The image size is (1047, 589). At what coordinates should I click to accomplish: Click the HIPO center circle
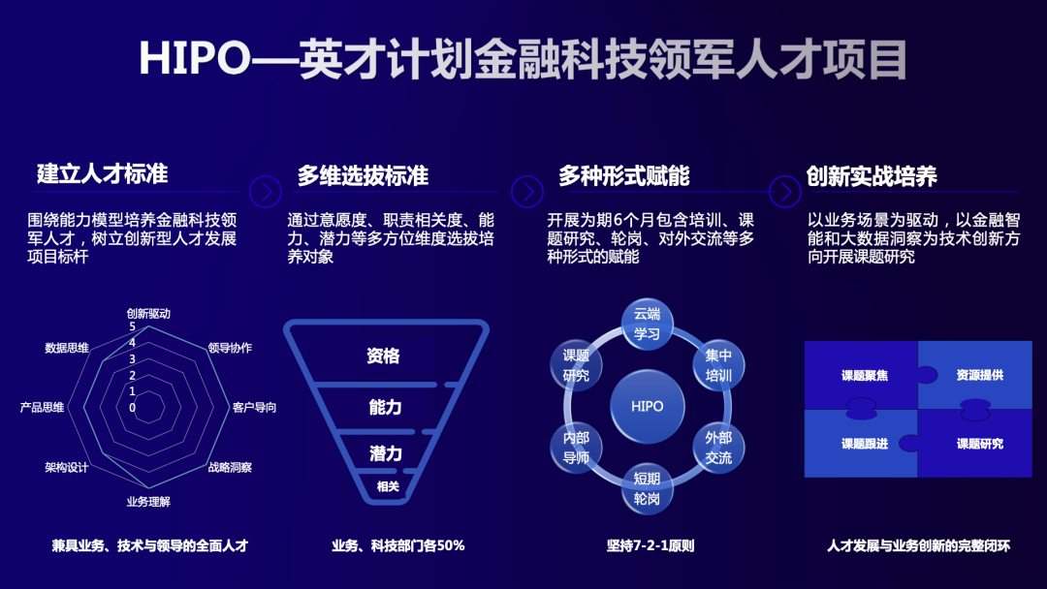click(647, 406)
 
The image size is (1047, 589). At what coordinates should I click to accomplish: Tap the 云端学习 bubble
click(647, 324)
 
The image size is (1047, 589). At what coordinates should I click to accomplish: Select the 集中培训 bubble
click(718, 365)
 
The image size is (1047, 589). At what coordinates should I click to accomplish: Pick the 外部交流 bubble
click(718, 447)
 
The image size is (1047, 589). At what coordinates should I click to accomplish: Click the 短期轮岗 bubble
click(647, 488)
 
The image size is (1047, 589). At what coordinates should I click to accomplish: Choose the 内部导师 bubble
click(576, 447)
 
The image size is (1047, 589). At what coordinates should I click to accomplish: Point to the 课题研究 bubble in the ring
click(576, 365)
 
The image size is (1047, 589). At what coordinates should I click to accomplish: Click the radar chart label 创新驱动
click(148, 314)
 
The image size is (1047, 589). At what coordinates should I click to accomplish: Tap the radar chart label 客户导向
click(254, 407)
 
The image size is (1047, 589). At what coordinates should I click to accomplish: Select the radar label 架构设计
click(66, 467)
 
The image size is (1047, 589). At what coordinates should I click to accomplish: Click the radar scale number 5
click(132, 327)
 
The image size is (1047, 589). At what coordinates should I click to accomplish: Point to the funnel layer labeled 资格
click(384, 356)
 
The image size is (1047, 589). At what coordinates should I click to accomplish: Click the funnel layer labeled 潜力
click(385, 452)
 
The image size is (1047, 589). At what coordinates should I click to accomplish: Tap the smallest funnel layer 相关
click(387, 486)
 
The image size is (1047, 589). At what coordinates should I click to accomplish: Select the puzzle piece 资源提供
click(979, 375)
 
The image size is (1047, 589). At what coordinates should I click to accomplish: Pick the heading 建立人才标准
click(103, 173)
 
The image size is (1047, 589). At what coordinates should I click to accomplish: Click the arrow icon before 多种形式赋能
click(527, 191)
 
